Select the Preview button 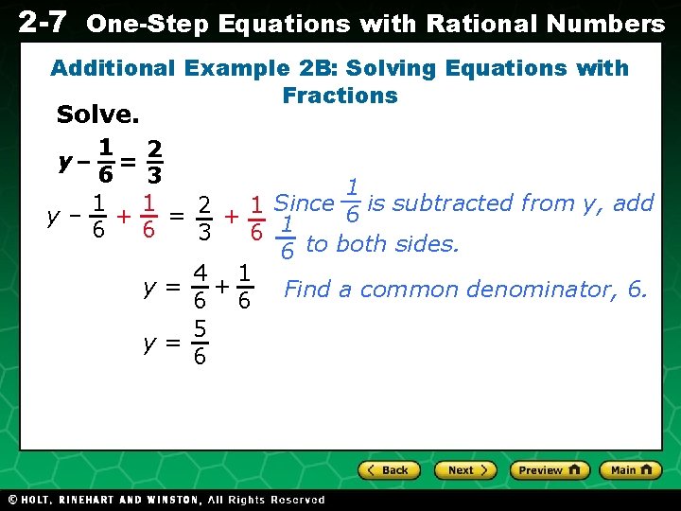point(550,470)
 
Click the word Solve point(97,115)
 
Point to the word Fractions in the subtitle point(340,96)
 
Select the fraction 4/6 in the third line point(200,288)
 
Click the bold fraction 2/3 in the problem point(154,162)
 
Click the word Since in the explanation point(303,203)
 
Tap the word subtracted point(450,203)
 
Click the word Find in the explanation point(306,290)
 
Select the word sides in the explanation point(430,244)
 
